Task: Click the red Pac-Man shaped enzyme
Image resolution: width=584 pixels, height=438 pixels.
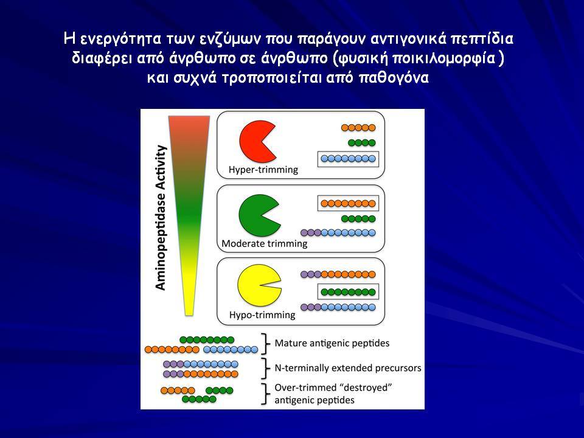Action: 255,141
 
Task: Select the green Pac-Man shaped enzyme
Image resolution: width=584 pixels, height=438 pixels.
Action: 256,215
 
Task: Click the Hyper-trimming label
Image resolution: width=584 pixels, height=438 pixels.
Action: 263,170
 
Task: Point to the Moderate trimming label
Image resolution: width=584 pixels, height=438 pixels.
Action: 265,243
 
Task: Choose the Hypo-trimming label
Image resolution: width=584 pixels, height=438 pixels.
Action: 262,315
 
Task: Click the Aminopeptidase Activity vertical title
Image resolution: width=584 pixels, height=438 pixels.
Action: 160,218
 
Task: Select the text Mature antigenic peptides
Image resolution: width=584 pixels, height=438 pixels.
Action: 332,343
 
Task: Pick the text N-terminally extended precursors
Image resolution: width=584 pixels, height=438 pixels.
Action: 348,368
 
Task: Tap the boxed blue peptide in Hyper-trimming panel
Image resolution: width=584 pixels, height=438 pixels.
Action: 348,159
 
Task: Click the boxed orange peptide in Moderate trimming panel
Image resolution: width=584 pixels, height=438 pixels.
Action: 348,203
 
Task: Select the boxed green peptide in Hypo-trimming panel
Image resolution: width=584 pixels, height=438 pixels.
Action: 348,292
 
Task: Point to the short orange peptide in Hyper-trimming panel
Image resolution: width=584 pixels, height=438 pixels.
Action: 358,128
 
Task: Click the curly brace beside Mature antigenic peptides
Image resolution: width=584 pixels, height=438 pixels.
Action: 266,343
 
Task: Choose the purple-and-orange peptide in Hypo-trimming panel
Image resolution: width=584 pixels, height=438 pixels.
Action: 338,274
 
